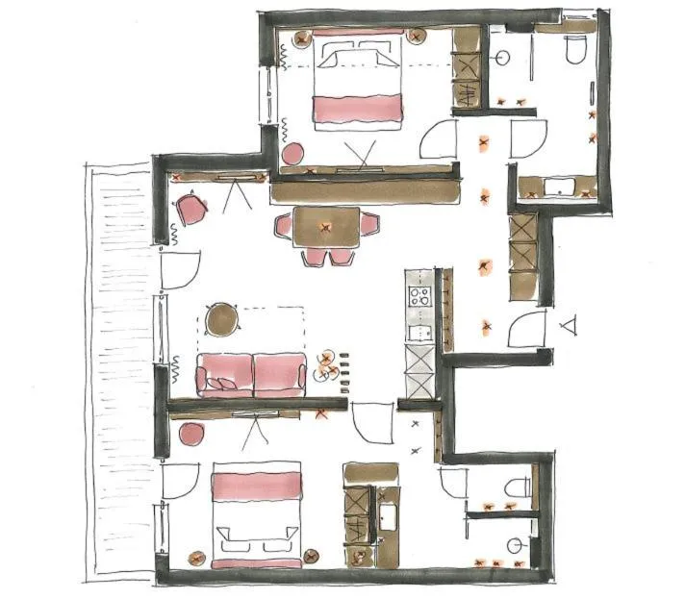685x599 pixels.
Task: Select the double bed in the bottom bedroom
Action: pos(255,514)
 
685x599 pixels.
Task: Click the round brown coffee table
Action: pos(222,318)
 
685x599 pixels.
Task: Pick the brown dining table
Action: pos(326,227)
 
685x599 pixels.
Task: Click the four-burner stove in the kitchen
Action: pos(419,295)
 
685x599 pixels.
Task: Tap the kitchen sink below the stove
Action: pos(419,333)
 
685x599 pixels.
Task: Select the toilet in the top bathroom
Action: pos(575,50)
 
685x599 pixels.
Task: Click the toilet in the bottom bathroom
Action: pos(520,485)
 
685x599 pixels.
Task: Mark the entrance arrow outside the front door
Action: pos(571,325)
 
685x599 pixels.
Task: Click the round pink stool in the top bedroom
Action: pos(292,153)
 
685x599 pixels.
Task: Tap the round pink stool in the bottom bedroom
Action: pos(190,434)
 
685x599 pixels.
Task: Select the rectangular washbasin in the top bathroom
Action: pos(558,186)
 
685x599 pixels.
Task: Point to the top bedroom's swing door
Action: pos(438,139)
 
